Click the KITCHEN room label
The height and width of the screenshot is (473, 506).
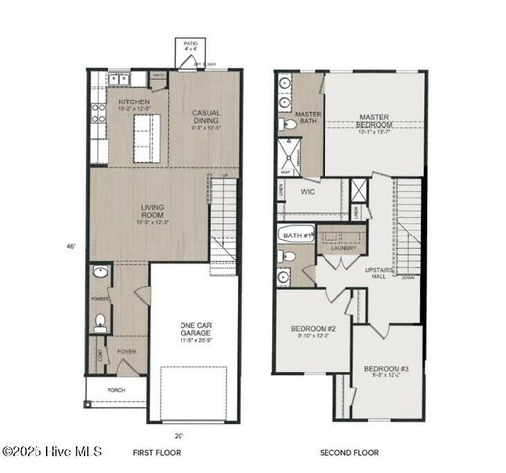tap(134, 103)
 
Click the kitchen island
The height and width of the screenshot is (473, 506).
tap(147, 138)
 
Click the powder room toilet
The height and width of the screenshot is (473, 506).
tap(100, 320)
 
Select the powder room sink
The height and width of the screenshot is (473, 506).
tap(100, 271)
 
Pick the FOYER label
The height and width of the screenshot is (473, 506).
tap(127, 349)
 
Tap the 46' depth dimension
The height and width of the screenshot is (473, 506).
tap(70, 246)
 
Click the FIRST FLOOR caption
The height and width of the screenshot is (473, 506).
tap(157, 453)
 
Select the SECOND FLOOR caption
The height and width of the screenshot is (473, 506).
tap(349, 453)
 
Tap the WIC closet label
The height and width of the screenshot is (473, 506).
tap(308, 192)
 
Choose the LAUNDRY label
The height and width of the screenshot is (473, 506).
tap(343, 248)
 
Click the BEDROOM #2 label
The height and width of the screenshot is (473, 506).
tap(314, 331)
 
